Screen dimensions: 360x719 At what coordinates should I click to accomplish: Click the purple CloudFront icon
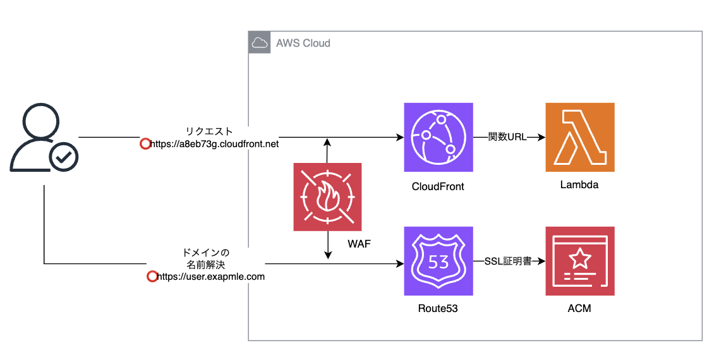click(x=438, y=137)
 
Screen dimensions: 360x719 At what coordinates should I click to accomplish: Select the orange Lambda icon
click(x=579, y=137)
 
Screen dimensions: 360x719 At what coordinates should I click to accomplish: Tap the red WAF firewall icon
click(x=327, y=197)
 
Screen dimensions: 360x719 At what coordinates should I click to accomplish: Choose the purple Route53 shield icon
click(x=438, y=261)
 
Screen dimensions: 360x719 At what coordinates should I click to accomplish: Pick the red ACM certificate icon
click(x=579, y=261)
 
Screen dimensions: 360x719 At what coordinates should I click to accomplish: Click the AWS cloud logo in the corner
click(x=259, y=43)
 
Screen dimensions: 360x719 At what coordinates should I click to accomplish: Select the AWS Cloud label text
click(x=303, y=44)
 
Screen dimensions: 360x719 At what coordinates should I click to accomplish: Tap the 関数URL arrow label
click(x=507, y=137)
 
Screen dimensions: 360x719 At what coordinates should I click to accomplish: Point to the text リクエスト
click(x=210, y=132)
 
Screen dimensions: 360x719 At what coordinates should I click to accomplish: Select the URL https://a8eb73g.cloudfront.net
click(x=215, y=145)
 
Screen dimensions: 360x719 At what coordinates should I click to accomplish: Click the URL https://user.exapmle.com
click(x=210, y=277)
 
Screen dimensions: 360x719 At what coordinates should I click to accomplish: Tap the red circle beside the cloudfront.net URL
click(x=145, y=144)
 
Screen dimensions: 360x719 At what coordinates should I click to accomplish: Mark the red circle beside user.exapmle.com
click(x=152, y=277)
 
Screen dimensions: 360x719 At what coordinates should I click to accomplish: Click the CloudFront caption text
click(x=438, y=186)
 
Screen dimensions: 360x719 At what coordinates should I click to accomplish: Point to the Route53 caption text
click(x=438, y=309)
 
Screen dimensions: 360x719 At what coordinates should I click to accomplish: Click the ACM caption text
click(x=579, y=309)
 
